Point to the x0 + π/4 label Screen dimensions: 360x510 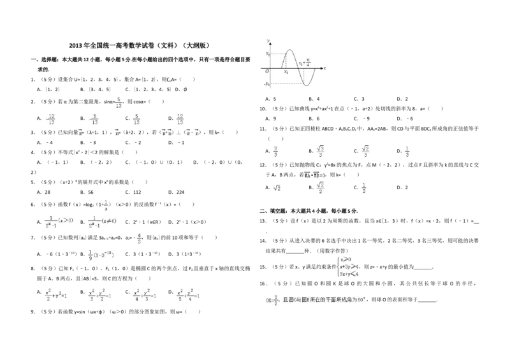click(304, 62)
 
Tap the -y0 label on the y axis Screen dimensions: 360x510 click(268, 85)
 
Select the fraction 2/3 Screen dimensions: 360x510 click(275, 151)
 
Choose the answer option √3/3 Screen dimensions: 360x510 click(321, 151)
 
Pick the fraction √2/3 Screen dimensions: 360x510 click(365, 151)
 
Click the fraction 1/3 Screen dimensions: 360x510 click(408, 151)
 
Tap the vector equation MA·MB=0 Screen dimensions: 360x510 click(314, 174)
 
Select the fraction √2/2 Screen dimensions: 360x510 click(321, 189)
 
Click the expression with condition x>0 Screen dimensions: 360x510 click(59, 221)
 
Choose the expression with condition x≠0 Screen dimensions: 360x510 click(105, 221)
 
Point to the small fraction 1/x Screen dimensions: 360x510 click(106, 205)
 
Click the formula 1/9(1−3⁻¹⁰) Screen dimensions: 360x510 click(102, 255)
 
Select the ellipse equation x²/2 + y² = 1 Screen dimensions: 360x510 click(57, 295)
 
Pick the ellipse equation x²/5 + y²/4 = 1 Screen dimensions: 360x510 click(189, 296)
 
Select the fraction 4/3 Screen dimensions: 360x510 click(138, 237)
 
